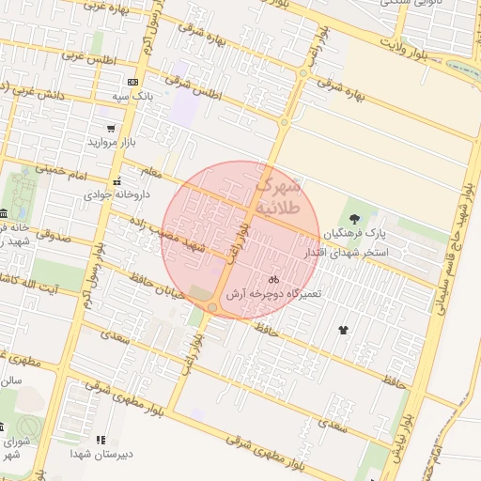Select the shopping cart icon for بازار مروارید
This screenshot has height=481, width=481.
pos(112,128)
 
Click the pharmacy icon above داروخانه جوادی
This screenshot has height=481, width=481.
pos(116,180)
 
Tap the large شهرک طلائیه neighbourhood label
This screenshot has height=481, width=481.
pos(277,194)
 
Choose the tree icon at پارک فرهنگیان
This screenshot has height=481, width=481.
pos(353,218)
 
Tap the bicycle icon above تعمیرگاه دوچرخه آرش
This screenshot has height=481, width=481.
pos(273,279)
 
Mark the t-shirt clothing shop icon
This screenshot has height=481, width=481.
pos(342,330)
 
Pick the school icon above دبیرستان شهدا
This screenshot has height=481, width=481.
pos(101,439)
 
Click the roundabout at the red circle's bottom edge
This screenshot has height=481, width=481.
pos(213,307)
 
